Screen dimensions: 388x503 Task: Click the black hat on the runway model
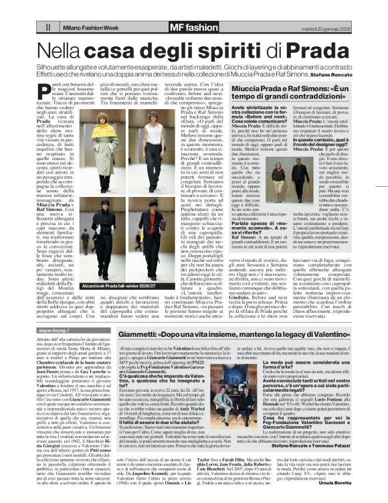coord(153,202)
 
